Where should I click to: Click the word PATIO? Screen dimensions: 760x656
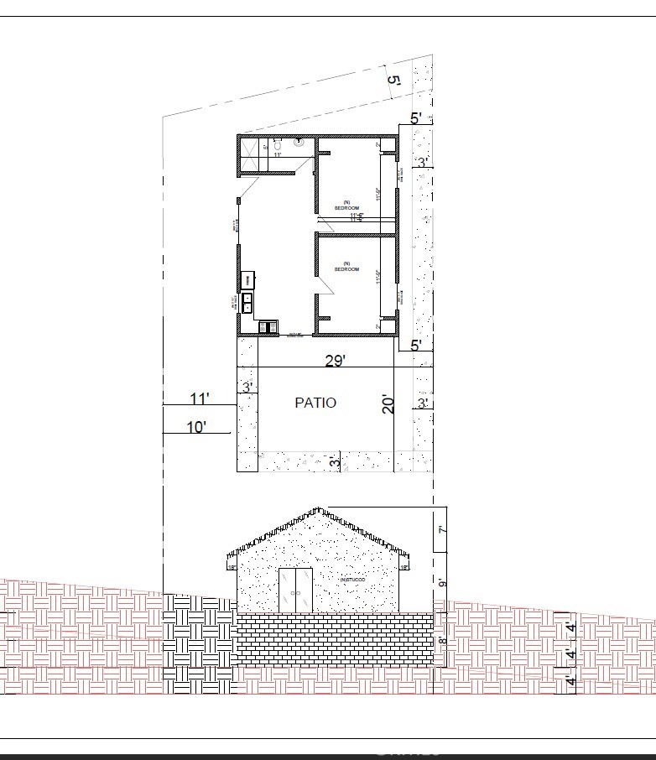[315, 403]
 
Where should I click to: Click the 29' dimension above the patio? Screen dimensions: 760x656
[336, 361]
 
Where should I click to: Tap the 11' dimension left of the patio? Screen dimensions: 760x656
[200, 398]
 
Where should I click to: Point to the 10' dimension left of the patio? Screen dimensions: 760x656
[196, 427]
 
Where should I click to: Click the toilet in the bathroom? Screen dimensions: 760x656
[278, 145]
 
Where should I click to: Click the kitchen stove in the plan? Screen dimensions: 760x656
[268, 326]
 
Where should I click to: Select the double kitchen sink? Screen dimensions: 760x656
[248, 302]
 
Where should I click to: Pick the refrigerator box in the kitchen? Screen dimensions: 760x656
[248, 280]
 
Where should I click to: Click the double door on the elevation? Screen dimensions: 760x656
[295, 590]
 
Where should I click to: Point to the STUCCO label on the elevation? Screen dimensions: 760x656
[353, 580]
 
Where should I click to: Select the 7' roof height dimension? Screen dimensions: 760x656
[441, 529]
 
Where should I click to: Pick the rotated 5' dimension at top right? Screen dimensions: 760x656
[394, 81]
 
